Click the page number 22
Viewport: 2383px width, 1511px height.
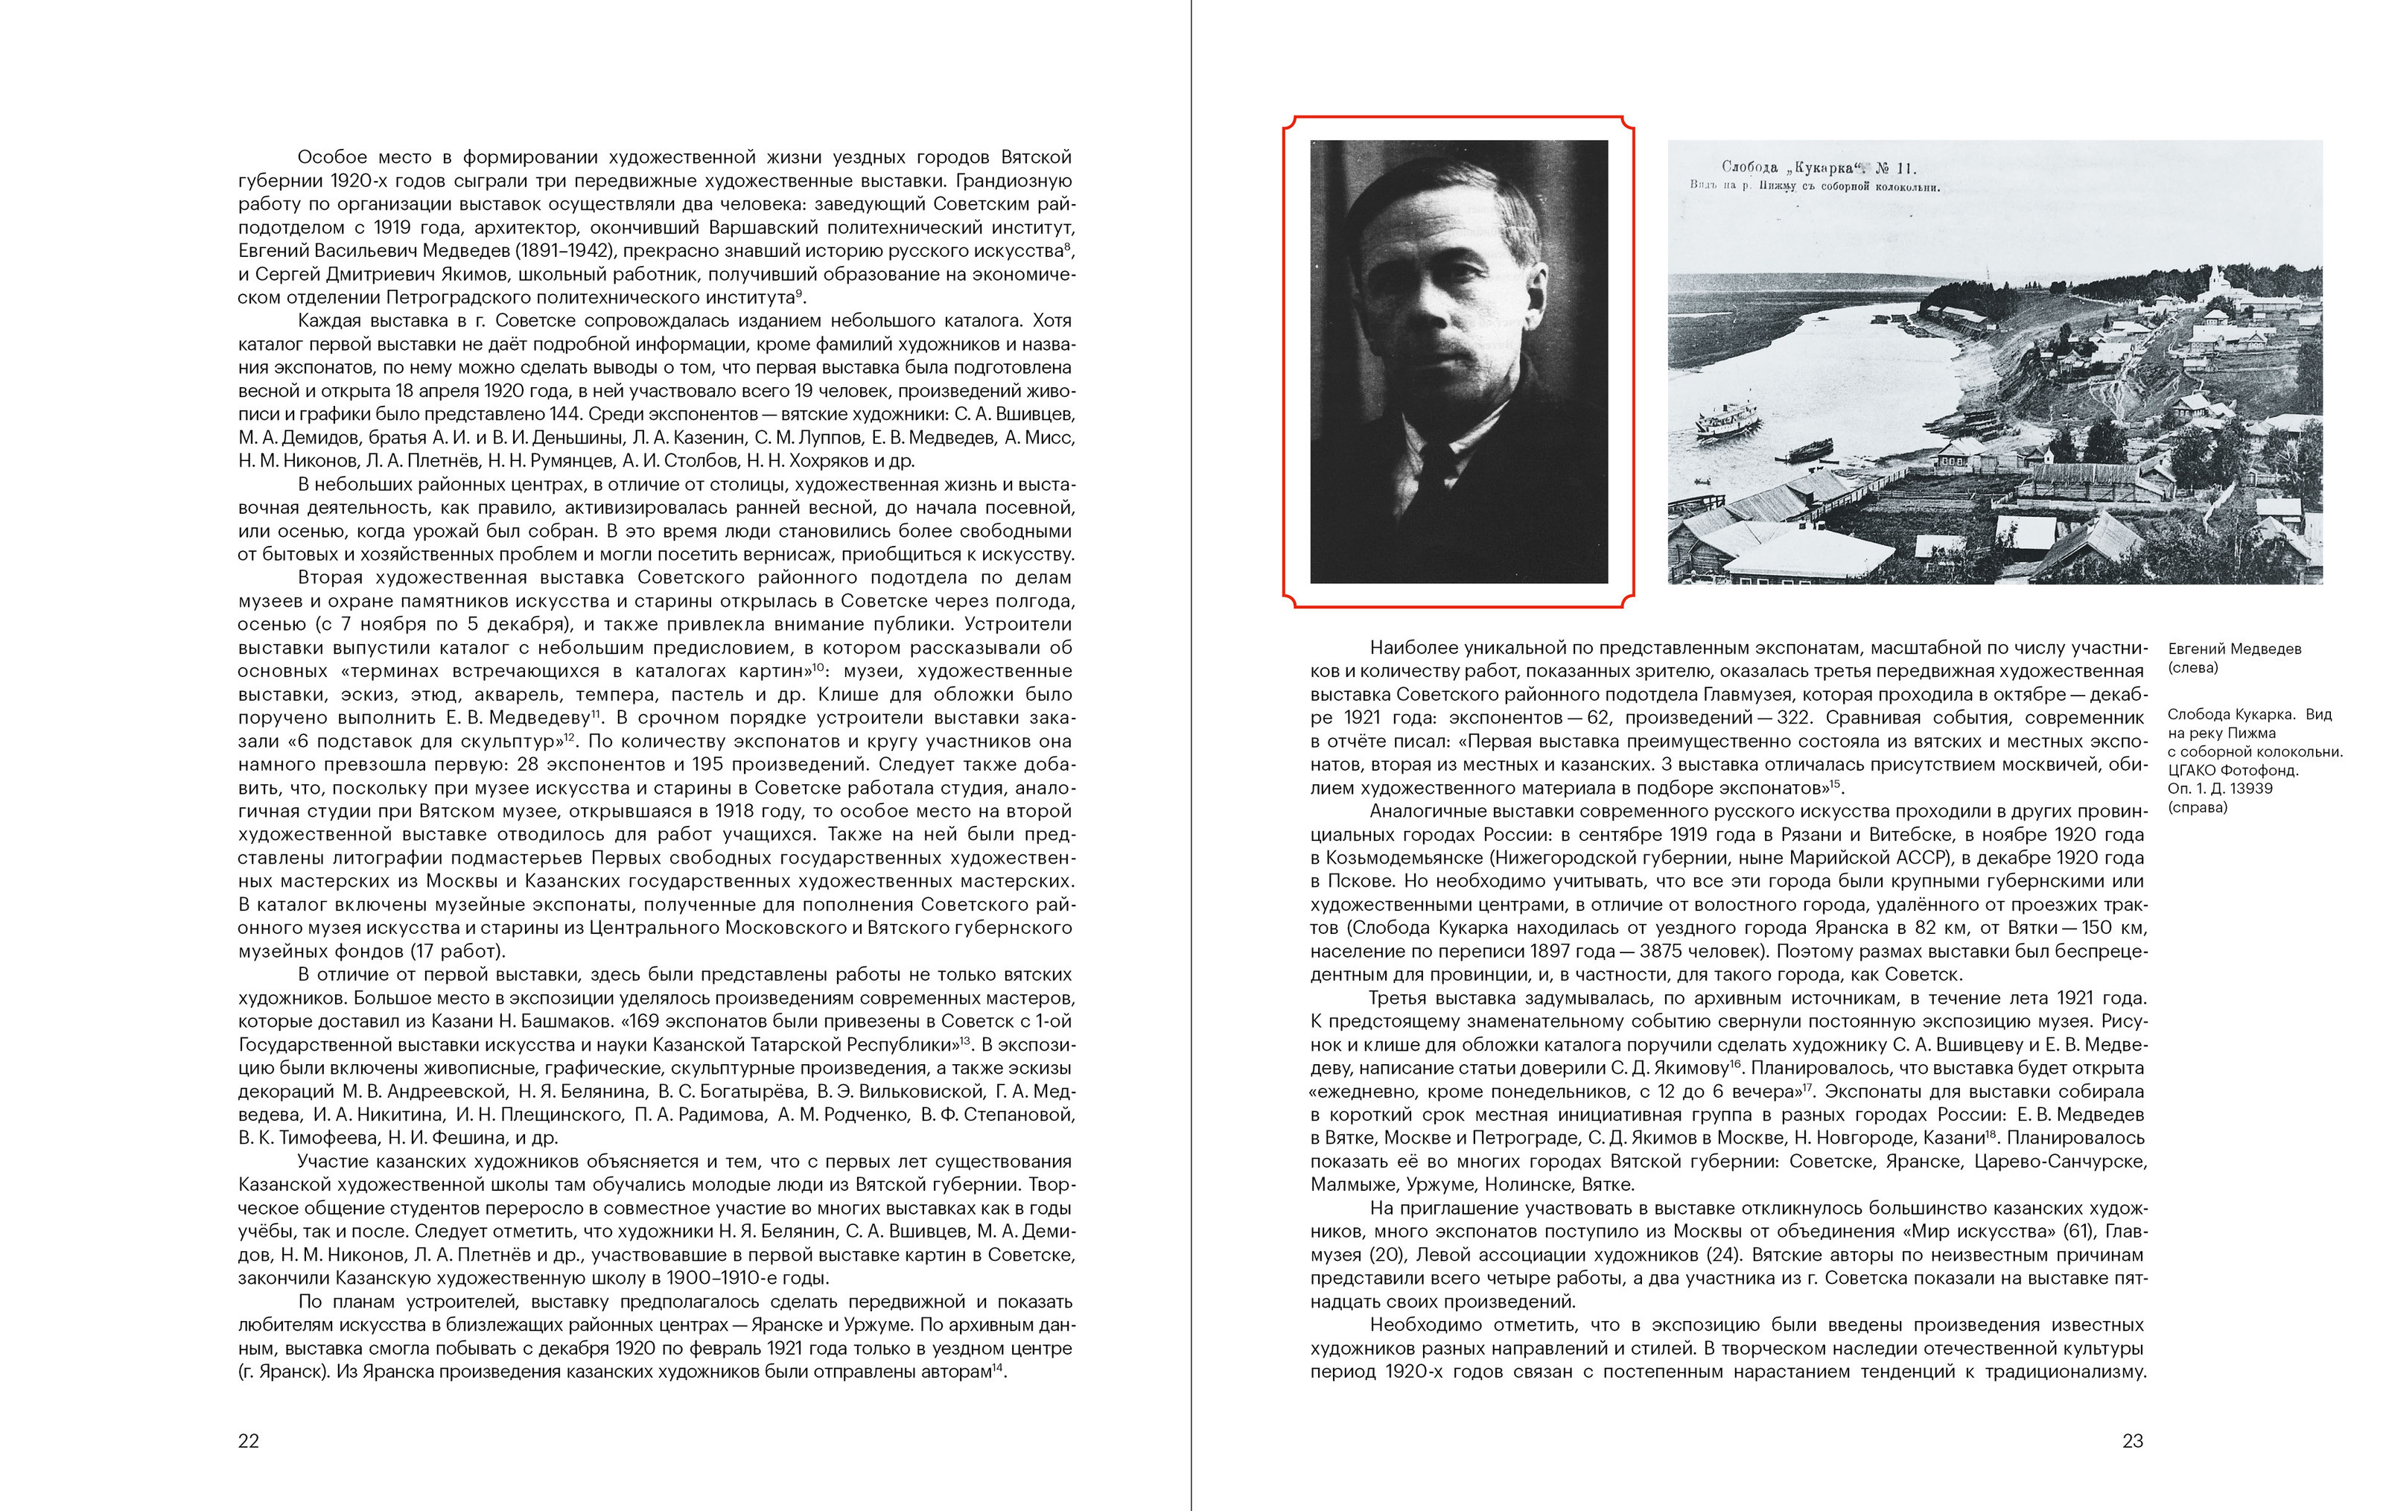click(x=249, y=1441)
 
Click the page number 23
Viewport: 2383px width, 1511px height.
click(x=2133, y=1441)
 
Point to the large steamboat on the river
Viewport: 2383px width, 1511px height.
click(x=1728, y=422)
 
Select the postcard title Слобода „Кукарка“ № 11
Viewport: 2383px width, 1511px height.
click(x=1819, y=168)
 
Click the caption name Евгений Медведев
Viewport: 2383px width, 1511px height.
click(x=2235, y=649)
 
